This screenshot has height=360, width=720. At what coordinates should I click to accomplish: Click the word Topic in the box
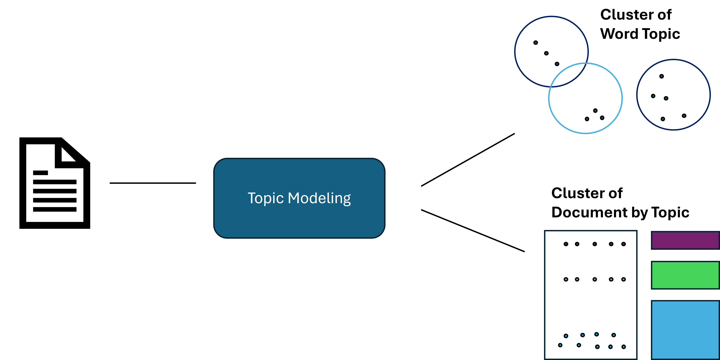click(266, 199)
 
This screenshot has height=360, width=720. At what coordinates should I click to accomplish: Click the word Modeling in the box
click(319, 199)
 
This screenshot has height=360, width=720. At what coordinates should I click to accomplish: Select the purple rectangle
click(685, 240)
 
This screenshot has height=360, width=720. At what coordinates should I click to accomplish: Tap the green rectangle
click(685, 275)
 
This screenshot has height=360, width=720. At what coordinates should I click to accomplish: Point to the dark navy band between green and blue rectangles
click(685, 295)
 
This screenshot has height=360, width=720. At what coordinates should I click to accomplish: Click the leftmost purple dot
click(566, 244)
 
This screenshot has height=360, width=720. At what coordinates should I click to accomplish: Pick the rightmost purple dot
click(624, 244)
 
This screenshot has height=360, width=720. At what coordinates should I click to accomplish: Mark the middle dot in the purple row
click(595, 244)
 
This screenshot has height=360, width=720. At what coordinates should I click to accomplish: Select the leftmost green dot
click(566, 279)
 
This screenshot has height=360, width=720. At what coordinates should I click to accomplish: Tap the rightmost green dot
click(624, 279)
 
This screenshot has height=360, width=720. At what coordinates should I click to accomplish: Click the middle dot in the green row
click(595, 279)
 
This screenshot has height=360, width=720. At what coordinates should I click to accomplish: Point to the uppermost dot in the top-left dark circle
click(535, 43)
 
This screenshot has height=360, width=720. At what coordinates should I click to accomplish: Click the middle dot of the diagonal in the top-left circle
click(546, 53)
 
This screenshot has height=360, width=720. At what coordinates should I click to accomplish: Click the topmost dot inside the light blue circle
click(595, 111)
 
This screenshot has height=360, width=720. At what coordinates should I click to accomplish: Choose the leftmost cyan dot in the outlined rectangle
click(560, 345)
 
